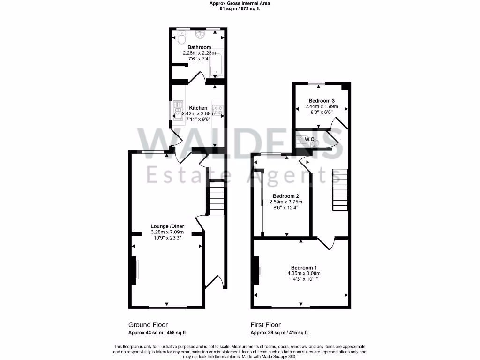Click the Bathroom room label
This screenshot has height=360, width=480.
pyautogui.click(x=199, y=47)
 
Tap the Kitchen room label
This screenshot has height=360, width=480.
pyautogui.click(x=198, y=108)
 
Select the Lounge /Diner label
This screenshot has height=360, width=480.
pyautogui.click(x=167, y=226)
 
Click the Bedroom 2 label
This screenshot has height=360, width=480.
pyautogui.click(x=286, y=196)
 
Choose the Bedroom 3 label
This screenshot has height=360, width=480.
pyautogui.click(x=321, y=101)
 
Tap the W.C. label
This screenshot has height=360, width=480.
pyautogui.click(x=309, y=139)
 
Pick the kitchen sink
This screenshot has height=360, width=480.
pyautogui.click(x=178, y=111)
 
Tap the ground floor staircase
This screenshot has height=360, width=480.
pyautogui.click(x=216, y=197)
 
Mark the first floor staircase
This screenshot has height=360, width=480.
pyautogui.click(x=339, y=190)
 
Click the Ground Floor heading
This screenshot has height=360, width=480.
pyautogui.click(x=148, y=325)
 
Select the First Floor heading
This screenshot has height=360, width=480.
pyautogui.click(x=266, y=325)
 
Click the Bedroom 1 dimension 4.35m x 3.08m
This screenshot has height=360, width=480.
pyautogui.click(x=304, y=273)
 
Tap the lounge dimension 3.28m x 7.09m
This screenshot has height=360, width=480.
pyautogui.click(x=167, y=232)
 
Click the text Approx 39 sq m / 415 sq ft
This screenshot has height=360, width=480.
pyautogui.click(x=279, y=333)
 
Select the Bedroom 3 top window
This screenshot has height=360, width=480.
pyautogui.click(x=317, y=83)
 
